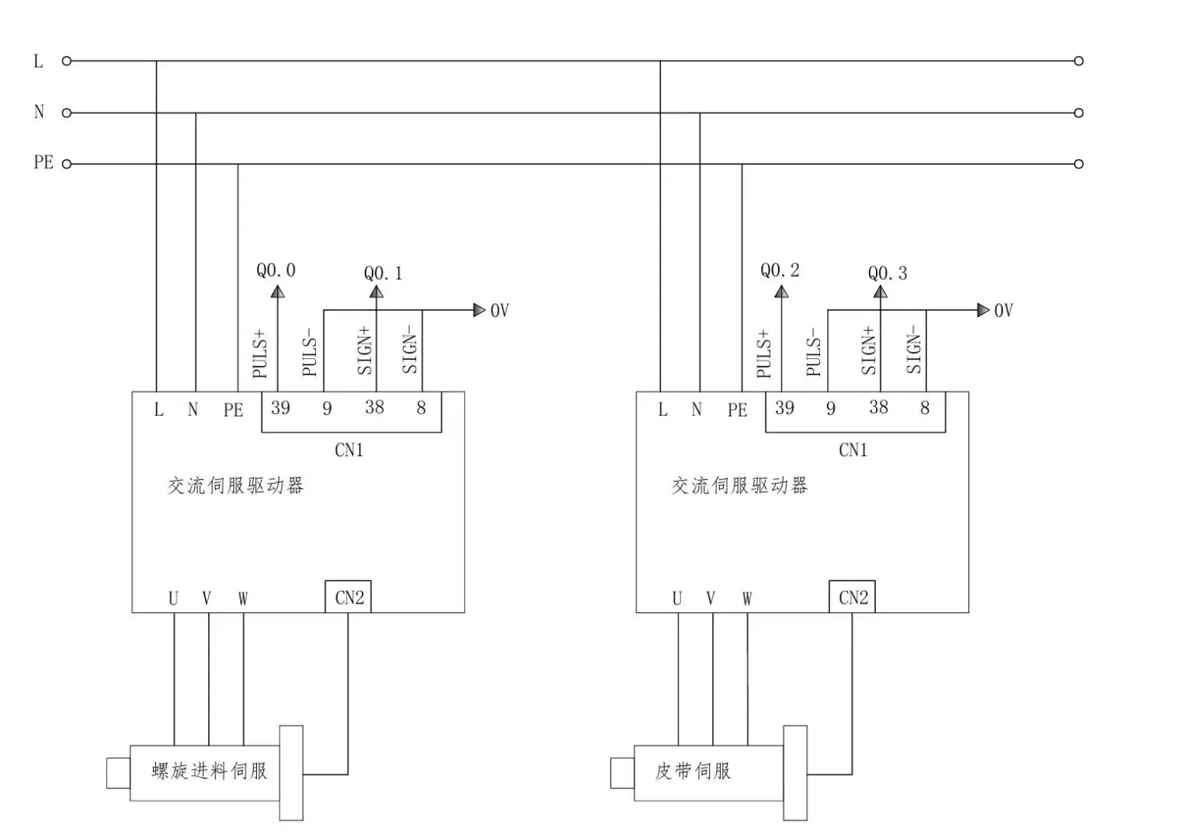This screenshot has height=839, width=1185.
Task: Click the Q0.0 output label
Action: (x=276, y=270)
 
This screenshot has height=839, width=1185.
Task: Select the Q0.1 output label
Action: (x=383, y=273)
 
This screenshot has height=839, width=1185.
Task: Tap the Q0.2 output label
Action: (x=780, y=270)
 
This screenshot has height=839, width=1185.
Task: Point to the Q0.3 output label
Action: (x=887, y=273)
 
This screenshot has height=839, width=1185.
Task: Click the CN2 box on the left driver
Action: (x=349, y=597)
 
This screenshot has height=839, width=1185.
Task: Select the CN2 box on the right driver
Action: (x=853, y=597)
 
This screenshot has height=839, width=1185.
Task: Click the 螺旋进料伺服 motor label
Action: (x=210, y=771)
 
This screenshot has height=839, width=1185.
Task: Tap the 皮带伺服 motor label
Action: (x=693, y=771)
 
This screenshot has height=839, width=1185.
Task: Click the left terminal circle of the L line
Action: (x=67, y=61)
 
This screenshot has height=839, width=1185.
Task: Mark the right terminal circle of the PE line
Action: (x=1079, y=164)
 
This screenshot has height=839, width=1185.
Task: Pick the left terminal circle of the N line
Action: (x=67, y=113)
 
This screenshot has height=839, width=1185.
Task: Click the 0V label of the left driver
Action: (x=499, y=311)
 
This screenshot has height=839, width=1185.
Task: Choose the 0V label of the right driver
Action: (x=1003, y=311)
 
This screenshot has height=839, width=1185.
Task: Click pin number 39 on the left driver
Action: (x=280, y=408)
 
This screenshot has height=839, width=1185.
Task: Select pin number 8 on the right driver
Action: (x=925, y=408)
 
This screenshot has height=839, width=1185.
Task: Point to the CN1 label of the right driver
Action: (x=853, y=451)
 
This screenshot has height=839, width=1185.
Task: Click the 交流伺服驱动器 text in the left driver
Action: (x=235, y=486)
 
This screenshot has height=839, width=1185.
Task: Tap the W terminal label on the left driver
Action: (x=243, y=599)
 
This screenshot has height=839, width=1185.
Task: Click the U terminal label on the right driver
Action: (x=677, y=599)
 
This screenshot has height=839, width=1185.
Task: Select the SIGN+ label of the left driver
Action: (x=365, y=350)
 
